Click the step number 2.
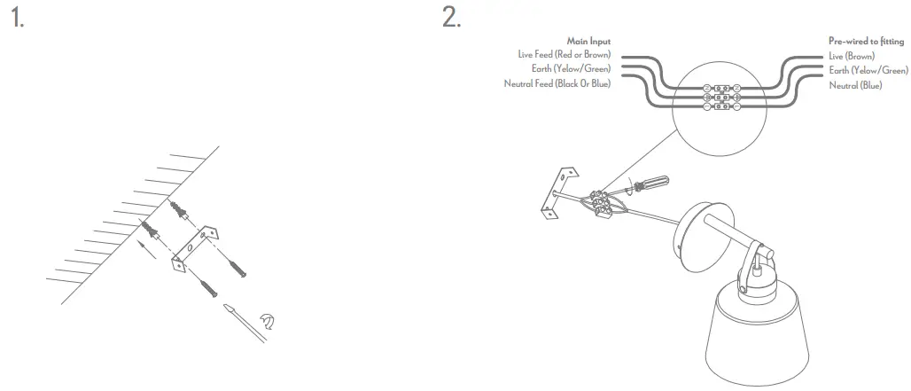pos(451,18)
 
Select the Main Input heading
pos(588,41)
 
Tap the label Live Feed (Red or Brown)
pos(565,55)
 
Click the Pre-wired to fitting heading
pos(866,41)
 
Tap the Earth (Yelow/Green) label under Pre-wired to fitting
pos(868,69)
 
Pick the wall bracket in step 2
pos(555,191)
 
